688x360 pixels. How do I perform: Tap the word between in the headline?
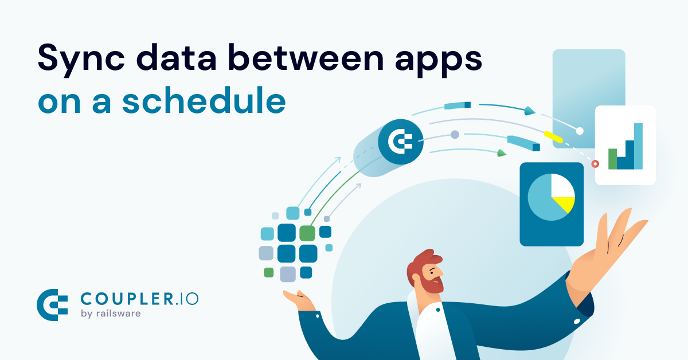(x=306, y=57)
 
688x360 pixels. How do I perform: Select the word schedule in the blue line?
(x=204, y=100)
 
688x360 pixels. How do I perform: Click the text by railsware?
(x=111, y=314)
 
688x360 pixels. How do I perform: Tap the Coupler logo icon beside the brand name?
(x=52, y=305)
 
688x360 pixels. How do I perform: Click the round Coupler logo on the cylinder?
(x=401, y=142)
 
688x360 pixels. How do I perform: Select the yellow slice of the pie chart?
(x=565, y=204)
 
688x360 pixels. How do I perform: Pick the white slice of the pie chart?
(x=562, y=186)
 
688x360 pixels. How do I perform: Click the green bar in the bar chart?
(x=612, y=159)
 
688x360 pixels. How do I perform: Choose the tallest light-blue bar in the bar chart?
(x=638, y=146)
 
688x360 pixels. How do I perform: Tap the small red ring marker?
(x=595, y=164)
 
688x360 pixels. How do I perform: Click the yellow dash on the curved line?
(x=553, y=137)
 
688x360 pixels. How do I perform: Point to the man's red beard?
(x=433, y=284)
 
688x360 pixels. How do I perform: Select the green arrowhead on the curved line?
(x=502, y=153)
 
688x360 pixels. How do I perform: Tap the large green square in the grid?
(x=307, y=233)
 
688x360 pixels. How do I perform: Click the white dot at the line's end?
(x=580, y=131)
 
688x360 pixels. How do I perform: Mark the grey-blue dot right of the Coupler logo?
(x=455, y=135)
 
